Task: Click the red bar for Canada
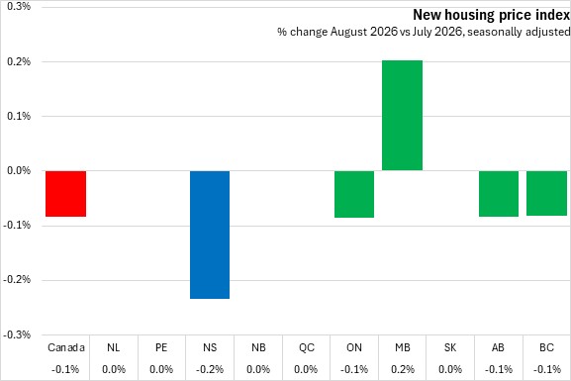coord(66,193)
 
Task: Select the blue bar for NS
coord(210,235)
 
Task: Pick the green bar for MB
coord(402,116)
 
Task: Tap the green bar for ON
coord(354,194)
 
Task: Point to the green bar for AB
coord(499,194)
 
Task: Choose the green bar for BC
coord(546,193)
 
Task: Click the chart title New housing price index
coord(491,15)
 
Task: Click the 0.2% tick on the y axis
coord(19,61)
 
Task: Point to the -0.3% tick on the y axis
coord(17,334)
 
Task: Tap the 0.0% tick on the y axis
coord(19,170)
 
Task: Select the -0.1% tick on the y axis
coord(17,225)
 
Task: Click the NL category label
coord(113,347)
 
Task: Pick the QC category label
coord(307,347)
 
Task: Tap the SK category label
coord(450,347)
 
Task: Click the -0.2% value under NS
coord(210,369)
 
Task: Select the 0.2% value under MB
coord(403,369)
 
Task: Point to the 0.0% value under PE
coord(161,369)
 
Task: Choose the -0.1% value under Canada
coord(65,369)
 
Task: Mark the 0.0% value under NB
coord(258,369)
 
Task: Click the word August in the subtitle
coord(348,32)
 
